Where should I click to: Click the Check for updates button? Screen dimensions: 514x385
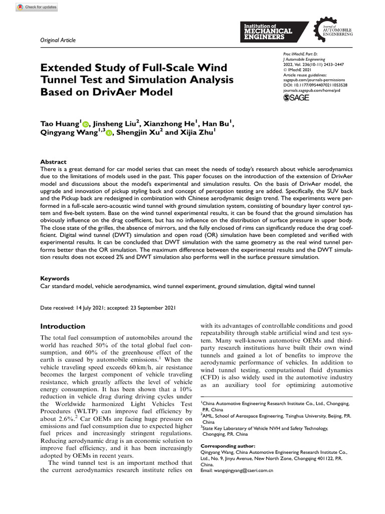(x=37, y=8)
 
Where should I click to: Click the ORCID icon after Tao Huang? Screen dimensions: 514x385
(x=85, y=124)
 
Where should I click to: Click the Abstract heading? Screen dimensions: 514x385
(x=53, y=162)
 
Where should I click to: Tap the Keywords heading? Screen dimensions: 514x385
(x=55, y=278)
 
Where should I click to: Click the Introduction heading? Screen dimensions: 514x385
(x=63, y=326)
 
